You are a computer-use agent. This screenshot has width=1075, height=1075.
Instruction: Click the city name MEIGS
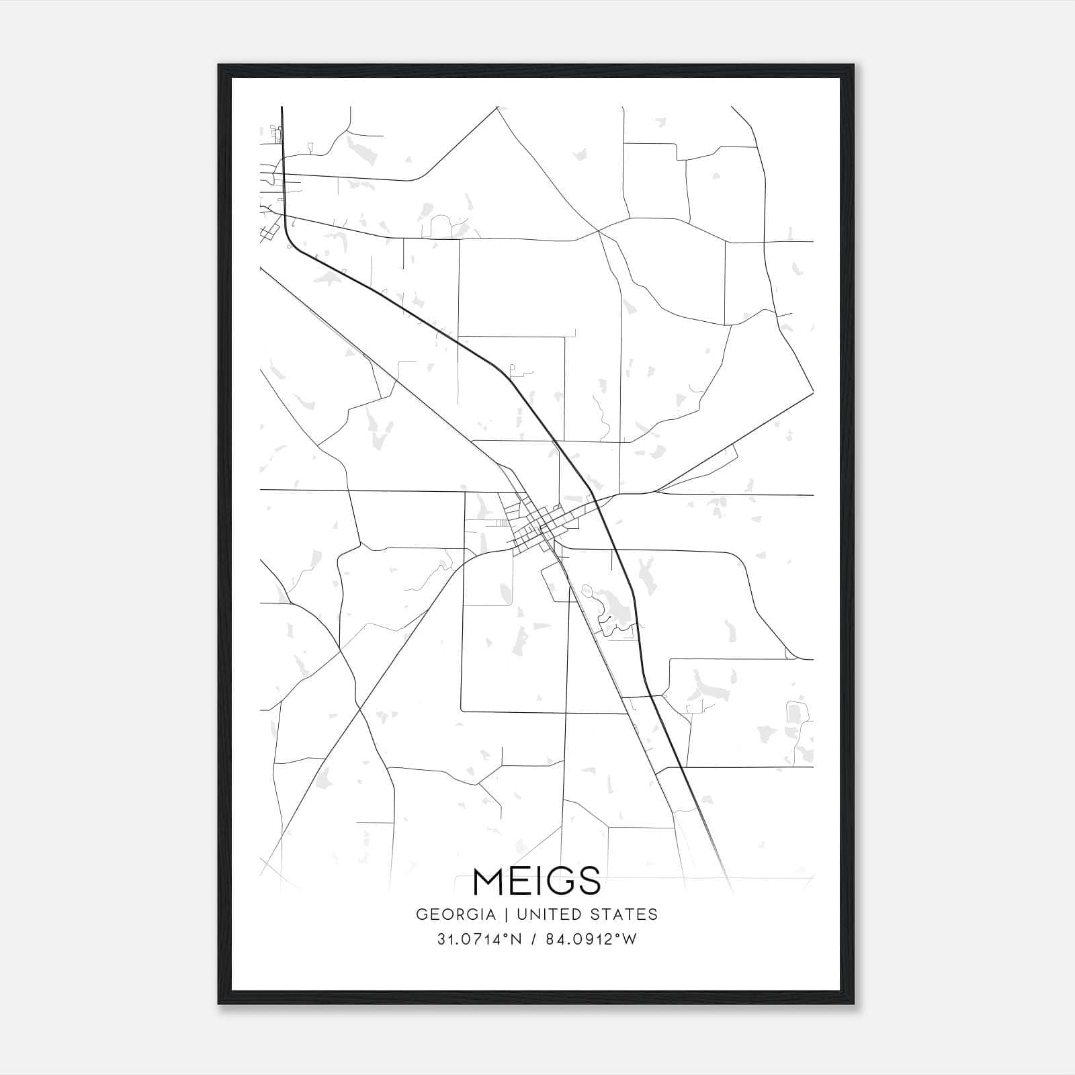click(x=537, y=881)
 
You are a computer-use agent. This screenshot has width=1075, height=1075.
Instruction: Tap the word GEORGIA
click(x=456, y=914)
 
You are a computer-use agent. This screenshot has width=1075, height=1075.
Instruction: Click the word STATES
click(x=628, y=914)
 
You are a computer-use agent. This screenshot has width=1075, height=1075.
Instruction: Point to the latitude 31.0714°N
click(x=479, y=940)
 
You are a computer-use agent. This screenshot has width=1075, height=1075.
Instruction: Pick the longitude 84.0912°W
click(x=591, y=940)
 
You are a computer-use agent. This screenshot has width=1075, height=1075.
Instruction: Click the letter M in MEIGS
click(x=490, y=881)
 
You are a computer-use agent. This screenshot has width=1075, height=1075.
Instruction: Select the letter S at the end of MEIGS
click(x=589, y=881)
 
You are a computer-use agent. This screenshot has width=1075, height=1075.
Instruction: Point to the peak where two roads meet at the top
click(x=497, y=107)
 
